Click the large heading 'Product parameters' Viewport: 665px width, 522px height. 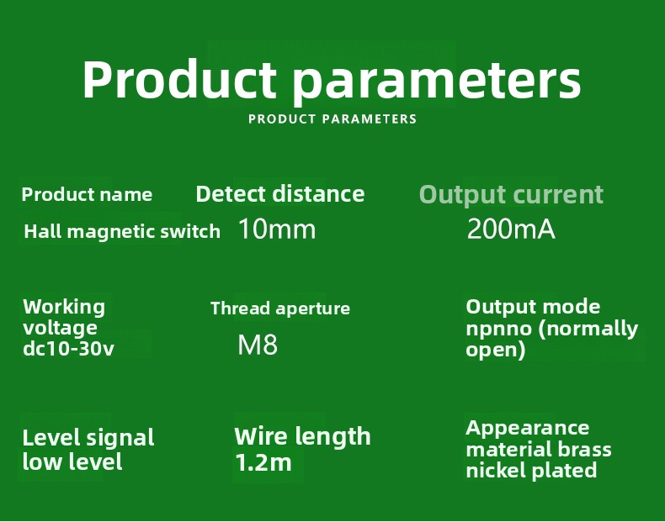[332, 81]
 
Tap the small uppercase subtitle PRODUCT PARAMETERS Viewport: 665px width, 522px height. [332, 119]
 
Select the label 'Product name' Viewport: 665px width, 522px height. [87, 195]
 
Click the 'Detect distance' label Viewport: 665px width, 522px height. [280, 194]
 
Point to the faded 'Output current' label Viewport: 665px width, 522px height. [511, 195]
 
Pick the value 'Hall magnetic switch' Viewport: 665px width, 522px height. [122, 231]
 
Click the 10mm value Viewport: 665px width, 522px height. [278, 229]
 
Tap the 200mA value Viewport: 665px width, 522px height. [511, 229]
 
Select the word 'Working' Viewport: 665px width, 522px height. [64, 308]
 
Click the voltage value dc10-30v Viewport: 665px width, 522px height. [69, 349]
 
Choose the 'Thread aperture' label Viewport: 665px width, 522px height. [280, 308]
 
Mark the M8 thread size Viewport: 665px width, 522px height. [258, 345]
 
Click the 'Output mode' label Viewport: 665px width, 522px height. [533, 307]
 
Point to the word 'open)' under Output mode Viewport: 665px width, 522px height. [496, 351]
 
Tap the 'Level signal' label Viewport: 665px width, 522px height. [88, 438]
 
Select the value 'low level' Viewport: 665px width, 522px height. [72, 461]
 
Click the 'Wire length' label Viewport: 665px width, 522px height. [302, 437]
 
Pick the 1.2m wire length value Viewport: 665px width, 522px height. [263, 462]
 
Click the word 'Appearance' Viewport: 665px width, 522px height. [528, 429]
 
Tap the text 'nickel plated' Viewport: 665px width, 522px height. [531, 471]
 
